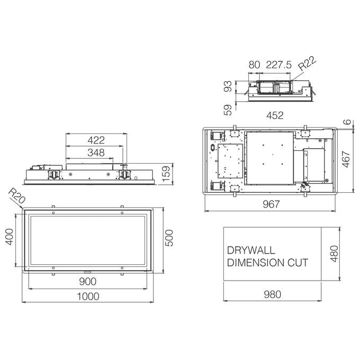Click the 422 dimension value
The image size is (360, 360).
[96, 140]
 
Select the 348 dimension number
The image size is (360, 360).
[96, 152]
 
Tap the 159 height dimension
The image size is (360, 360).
[166, 174]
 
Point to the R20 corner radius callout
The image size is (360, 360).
[16, 196]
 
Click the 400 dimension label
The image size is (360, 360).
[10, 237]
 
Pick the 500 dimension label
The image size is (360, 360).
[169, 238]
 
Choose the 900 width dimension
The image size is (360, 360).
[88, 282]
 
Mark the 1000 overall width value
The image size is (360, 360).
[88, 296]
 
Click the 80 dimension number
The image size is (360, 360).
[254, 65]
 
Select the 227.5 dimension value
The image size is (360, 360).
[278, 65]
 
